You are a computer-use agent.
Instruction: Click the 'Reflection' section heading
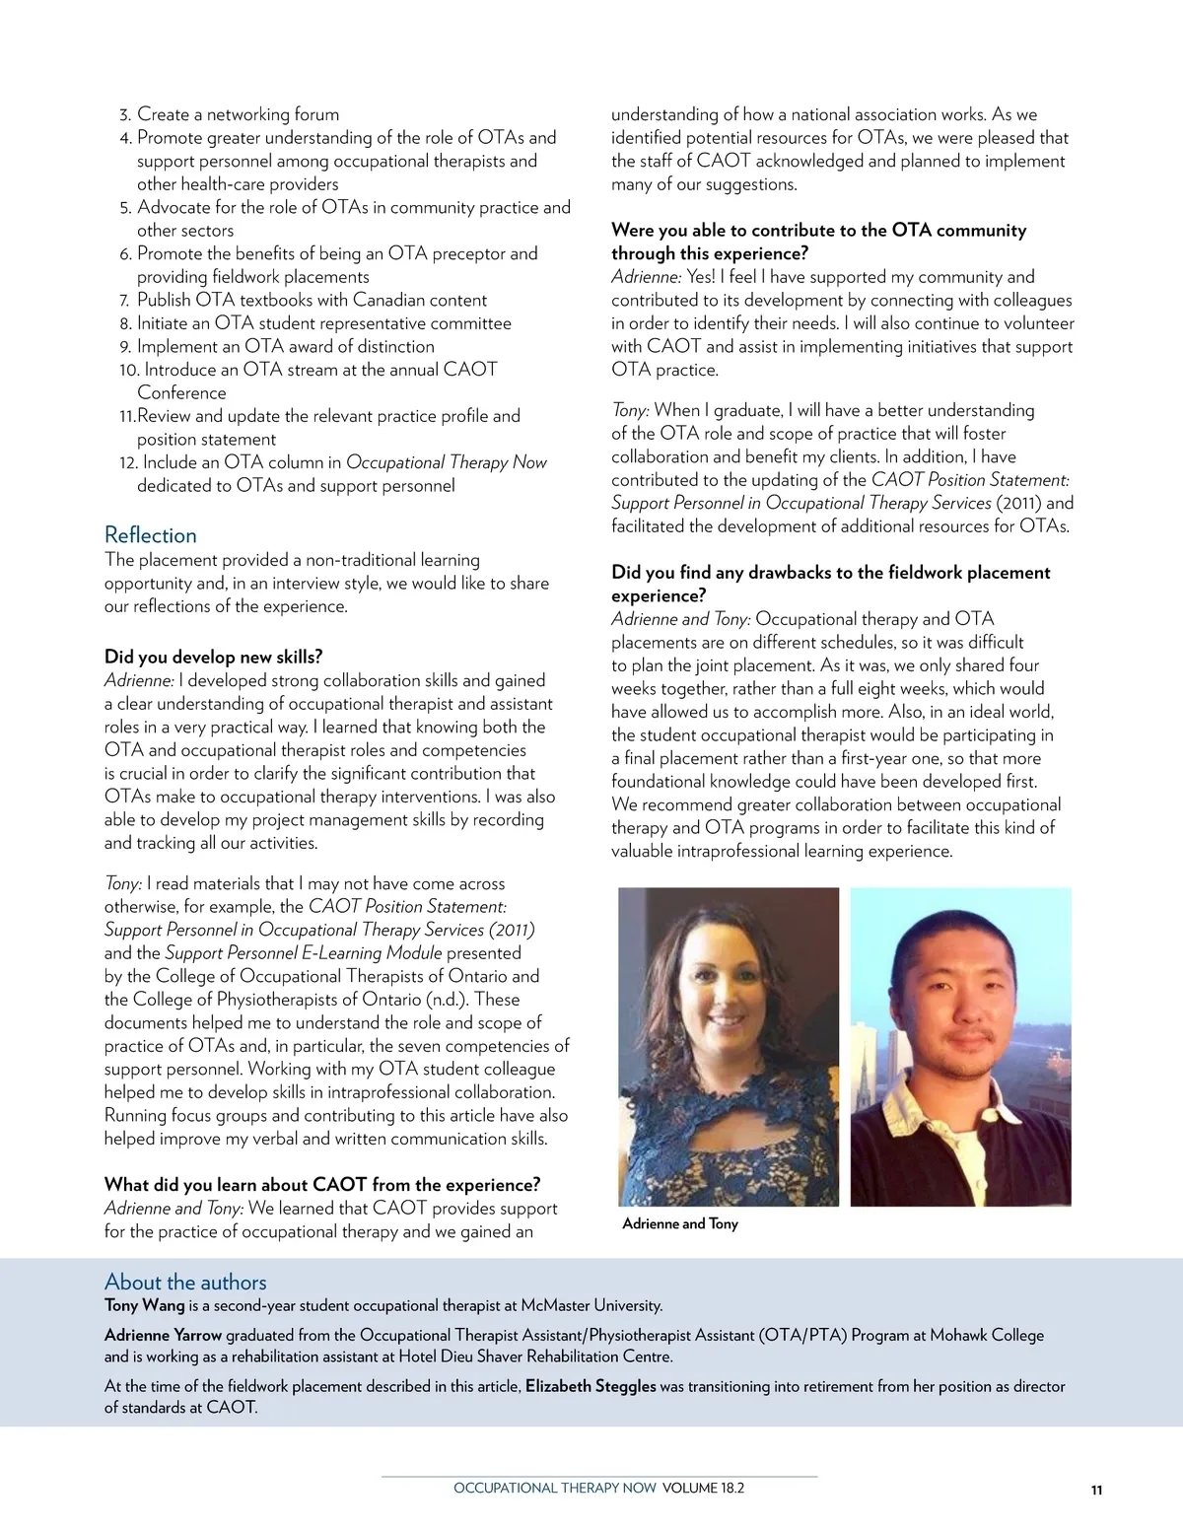[151, 535]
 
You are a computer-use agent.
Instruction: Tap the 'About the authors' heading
[185, 1282]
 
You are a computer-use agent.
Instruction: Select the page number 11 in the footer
[1096, 1490]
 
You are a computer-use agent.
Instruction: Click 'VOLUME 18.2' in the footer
[703, 1488]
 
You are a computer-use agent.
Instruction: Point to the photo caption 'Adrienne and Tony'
[680, 1223]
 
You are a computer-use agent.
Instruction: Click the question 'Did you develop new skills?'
[213, 657]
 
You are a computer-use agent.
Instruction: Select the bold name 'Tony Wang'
[144, 1305]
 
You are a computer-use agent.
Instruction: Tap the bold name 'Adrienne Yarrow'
[163, 1335]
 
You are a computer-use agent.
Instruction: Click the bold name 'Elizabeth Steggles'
[591, 1386]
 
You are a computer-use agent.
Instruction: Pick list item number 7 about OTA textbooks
[312, 300]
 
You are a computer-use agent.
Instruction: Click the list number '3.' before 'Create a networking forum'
[125, 115]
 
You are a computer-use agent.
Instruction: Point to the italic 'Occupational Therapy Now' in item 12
[447, 462]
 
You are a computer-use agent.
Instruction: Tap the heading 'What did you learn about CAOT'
[321, 1185]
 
